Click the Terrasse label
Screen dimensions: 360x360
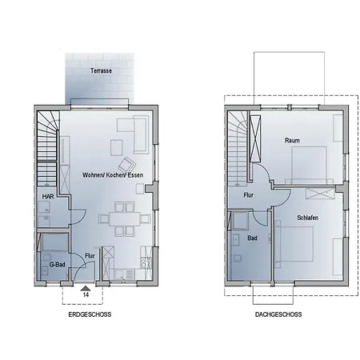[101, 70]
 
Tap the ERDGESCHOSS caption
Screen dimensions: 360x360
[90, 314]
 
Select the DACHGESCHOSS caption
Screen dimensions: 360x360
[278, 314]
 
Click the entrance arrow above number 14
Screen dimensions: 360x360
[86, 288]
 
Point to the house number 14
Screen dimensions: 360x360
[86, 294]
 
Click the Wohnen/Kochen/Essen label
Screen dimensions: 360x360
[113, 175]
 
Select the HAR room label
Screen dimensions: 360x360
[48, 197]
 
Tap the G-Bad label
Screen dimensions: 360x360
[58, 265]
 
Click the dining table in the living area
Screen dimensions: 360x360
[124, 219]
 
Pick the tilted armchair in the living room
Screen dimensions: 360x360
[126, 165]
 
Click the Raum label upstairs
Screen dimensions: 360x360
[292, 140]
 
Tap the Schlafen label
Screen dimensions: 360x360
[307, 218]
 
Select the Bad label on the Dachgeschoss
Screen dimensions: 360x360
[252, 238]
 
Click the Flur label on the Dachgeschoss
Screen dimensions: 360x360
[248, 195]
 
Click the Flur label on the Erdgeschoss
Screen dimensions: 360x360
[90, 255]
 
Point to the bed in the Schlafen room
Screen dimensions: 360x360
[294, 244]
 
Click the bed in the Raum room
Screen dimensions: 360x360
[310, 166]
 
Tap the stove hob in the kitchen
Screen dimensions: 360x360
[146, 263]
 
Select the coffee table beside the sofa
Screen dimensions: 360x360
[117, 147]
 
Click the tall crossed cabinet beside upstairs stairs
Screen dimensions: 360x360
[255, 138]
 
